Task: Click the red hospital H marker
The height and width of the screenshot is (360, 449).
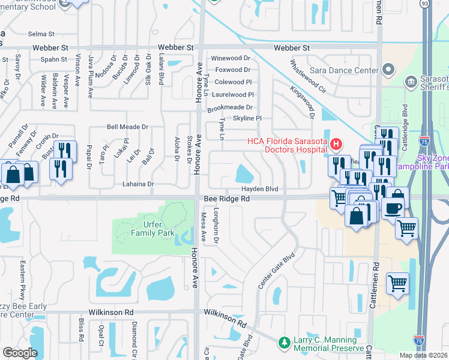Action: pyautogui.click(x=336, y=144)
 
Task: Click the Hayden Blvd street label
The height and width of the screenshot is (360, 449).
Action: pyautogui.click(x=260, y=189)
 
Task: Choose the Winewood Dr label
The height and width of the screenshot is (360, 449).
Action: pyautogui.click(x=231, y=58)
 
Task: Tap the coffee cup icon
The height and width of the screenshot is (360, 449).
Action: pyautogui.click(x=393, y=208)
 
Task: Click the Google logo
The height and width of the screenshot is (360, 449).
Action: pyautogui.click(x=20, y=353)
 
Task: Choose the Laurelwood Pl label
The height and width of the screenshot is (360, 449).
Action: pyautogui.click(x=233, y=94)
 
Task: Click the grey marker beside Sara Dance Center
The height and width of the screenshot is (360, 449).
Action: pyautogui.click(x=388, y=70)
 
